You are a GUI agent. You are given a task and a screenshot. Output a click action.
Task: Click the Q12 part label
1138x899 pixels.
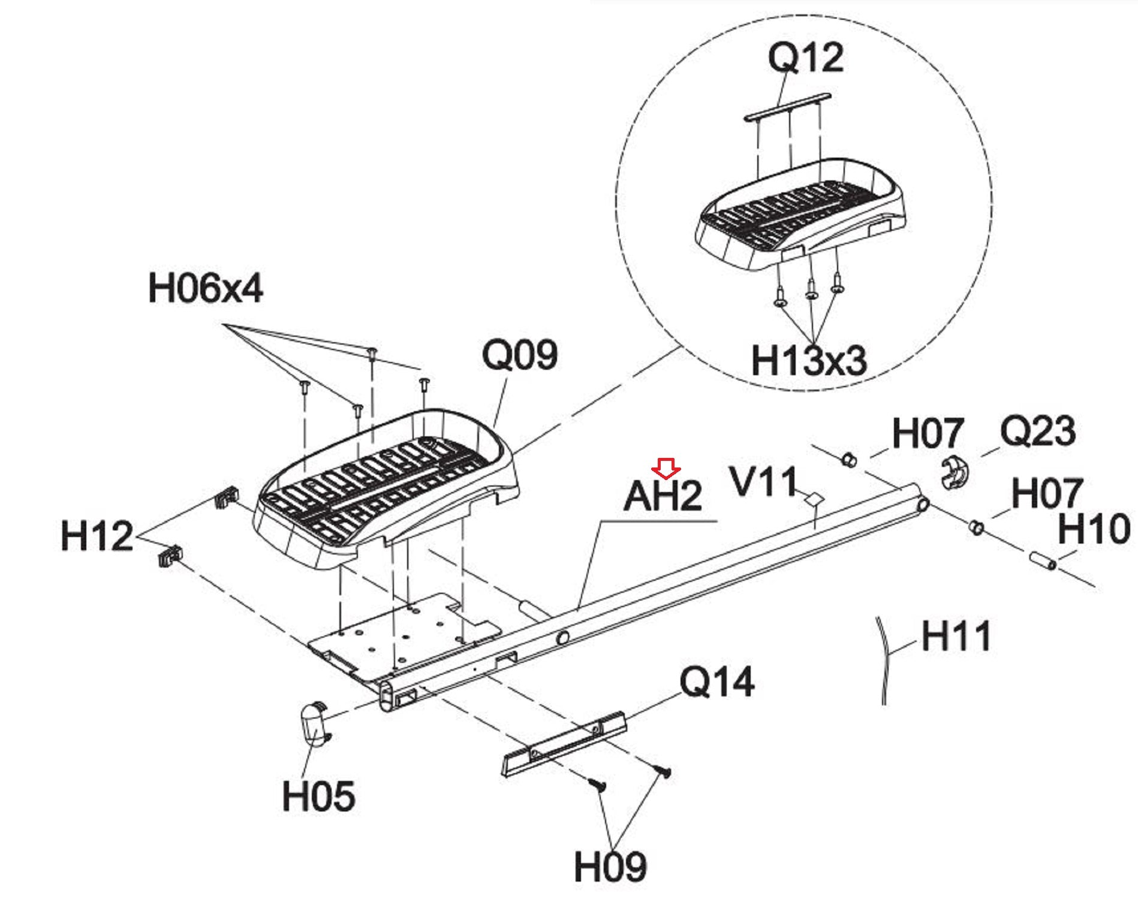click(806, 59)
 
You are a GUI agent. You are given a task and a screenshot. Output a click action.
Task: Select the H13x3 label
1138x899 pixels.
click(809, 361)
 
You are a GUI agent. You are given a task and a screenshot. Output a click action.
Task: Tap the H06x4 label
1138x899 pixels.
click(205, 288)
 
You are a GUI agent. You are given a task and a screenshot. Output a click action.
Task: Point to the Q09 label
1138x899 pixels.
click(519, 355)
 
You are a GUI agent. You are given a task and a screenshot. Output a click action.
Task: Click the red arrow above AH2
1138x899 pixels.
click(666, 468)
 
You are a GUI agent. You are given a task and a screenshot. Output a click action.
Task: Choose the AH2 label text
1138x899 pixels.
click(663, 496)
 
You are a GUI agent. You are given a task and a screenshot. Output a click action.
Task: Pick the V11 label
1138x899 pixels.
click(763, 482)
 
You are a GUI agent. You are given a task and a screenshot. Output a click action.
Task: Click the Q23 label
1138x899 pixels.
click(1037, 431)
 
